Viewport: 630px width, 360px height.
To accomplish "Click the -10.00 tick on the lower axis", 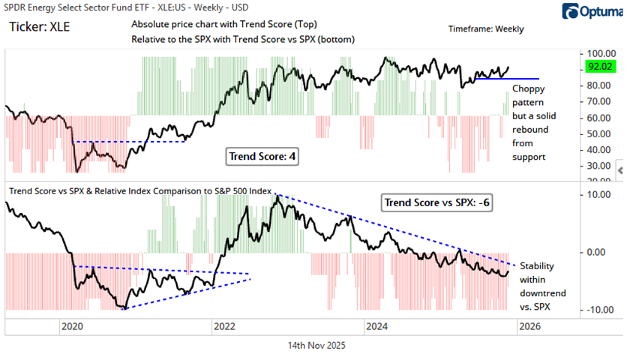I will pos(600,310).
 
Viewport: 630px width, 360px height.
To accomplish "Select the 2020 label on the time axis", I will pos(73,326).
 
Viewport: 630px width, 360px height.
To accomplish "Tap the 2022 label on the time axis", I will pos(224,326).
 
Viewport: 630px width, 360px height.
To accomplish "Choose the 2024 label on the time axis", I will pos(375,326).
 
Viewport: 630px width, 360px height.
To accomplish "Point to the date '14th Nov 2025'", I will pos(316,346).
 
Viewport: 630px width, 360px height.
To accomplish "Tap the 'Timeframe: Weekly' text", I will pos(486,29).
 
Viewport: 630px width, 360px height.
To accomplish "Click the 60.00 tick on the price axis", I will pos(600,118).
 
